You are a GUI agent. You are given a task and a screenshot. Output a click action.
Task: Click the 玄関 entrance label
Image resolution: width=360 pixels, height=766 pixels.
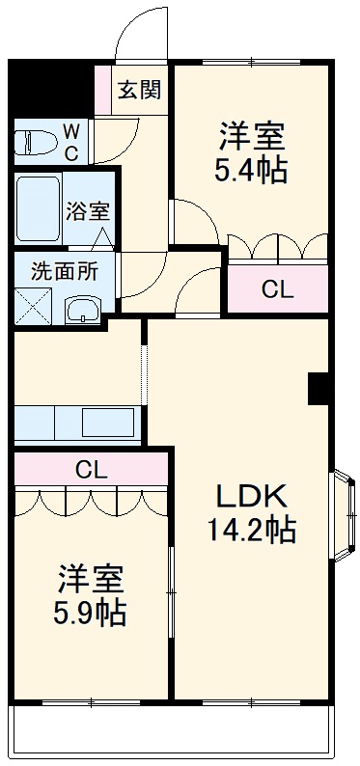coord(139,92)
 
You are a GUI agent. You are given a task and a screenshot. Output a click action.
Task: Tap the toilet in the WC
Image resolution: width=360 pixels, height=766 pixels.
coord(35,141)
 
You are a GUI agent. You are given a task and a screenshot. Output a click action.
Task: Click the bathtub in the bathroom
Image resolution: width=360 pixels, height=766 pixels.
coord(39,209)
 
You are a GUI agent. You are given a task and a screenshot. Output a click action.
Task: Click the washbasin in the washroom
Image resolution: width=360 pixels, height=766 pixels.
coord(82,309)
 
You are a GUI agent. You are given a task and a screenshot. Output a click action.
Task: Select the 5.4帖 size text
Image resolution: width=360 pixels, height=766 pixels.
coord(249,171)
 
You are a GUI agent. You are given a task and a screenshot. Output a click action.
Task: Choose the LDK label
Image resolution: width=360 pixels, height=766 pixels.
coord(251,495)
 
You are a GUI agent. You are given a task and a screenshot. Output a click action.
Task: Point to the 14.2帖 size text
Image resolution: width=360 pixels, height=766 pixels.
coord(251,528)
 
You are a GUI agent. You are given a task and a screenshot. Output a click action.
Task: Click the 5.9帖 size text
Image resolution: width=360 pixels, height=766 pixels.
coord(90,612)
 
